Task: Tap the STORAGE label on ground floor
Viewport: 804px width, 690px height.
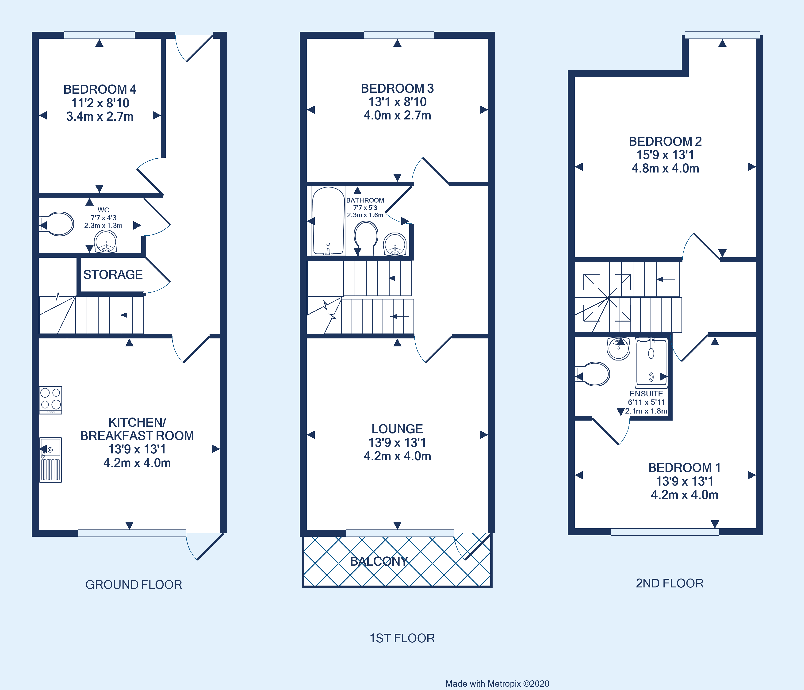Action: [113, 274]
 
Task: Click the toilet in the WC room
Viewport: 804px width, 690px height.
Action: [58, 224]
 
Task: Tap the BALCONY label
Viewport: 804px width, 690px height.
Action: [379, 561]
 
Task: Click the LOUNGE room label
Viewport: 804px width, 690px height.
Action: [397, 429]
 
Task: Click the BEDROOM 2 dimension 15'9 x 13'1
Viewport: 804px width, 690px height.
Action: [665, 155]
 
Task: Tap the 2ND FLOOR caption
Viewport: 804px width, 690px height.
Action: [669, 583]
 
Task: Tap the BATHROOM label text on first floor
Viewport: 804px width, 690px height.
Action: [365, 200]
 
